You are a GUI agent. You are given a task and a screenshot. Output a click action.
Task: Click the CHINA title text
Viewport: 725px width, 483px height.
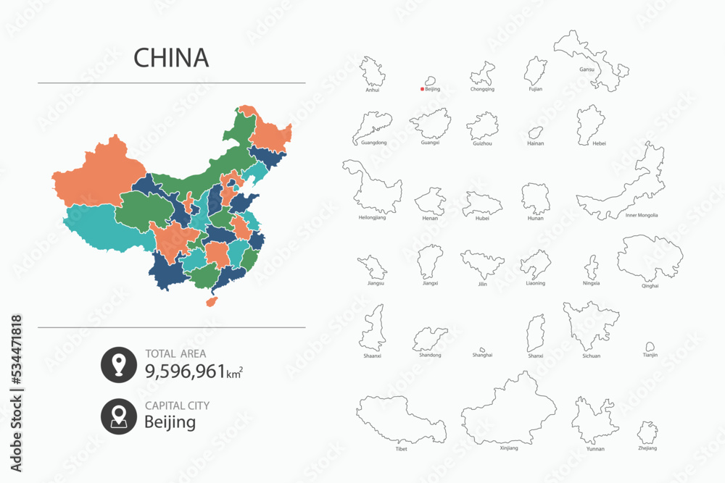[172, 58]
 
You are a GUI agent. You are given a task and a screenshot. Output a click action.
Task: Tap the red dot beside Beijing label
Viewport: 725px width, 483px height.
[422, 90]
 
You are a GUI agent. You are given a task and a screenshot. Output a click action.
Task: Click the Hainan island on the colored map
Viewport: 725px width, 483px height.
[213, 301]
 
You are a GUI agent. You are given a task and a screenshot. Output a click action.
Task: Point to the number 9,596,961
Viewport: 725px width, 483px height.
[186, 372]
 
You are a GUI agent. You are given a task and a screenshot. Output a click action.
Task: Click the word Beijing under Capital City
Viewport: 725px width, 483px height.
[170, 422]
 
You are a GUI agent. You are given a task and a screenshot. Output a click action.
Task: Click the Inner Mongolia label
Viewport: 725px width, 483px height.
[642, 215]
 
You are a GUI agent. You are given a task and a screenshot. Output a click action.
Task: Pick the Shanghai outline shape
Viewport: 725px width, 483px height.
[481, 349]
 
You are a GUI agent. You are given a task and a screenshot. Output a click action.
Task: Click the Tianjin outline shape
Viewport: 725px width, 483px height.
[650, 348]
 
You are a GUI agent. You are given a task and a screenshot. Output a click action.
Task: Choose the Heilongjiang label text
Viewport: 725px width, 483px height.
[372, 217]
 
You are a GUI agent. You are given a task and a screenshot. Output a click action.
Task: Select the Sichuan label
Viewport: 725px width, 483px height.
[591, 356]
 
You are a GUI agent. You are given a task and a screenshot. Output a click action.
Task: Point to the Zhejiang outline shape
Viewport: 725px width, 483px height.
[648, 433]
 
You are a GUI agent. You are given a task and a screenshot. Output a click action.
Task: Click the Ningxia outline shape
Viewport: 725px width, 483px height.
[592, 267]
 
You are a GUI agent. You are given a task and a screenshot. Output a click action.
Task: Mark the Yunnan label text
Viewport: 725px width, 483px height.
[594, 449]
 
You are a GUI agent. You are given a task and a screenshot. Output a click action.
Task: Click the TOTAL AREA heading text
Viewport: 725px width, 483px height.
[175, 354]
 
